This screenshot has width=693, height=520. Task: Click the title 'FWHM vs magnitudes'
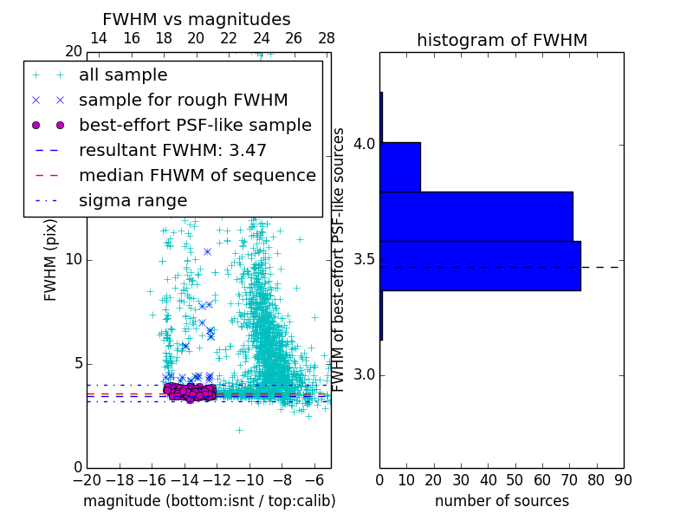point(197,19)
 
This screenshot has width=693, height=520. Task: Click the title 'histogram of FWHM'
point(502,40)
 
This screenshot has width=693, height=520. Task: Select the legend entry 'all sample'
point(123,75)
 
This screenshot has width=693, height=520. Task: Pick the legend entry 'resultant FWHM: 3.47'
point(172,150)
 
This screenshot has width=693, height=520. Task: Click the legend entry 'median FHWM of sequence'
point(197,175)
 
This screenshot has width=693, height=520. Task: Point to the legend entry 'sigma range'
point(133,200)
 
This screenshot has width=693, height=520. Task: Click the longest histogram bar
point(480,265)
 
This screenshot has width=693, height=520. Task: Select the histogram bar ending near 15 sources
point(400,166)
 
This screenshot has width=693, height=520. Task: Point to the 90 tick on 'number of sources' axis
point(622,479)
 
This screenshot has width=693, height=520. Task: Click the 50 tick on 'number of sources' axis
point(515,479)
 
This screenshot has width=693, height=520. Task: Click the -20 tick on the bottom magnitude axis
point(87,479)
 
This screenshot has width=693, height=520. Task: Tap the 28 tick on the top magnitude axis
point(327,38)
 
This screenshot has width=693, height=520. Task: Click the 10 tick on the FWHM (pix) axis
point(73,259)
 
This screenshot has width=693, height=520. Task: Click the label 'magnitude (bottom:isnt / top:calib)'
point(209,501)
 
